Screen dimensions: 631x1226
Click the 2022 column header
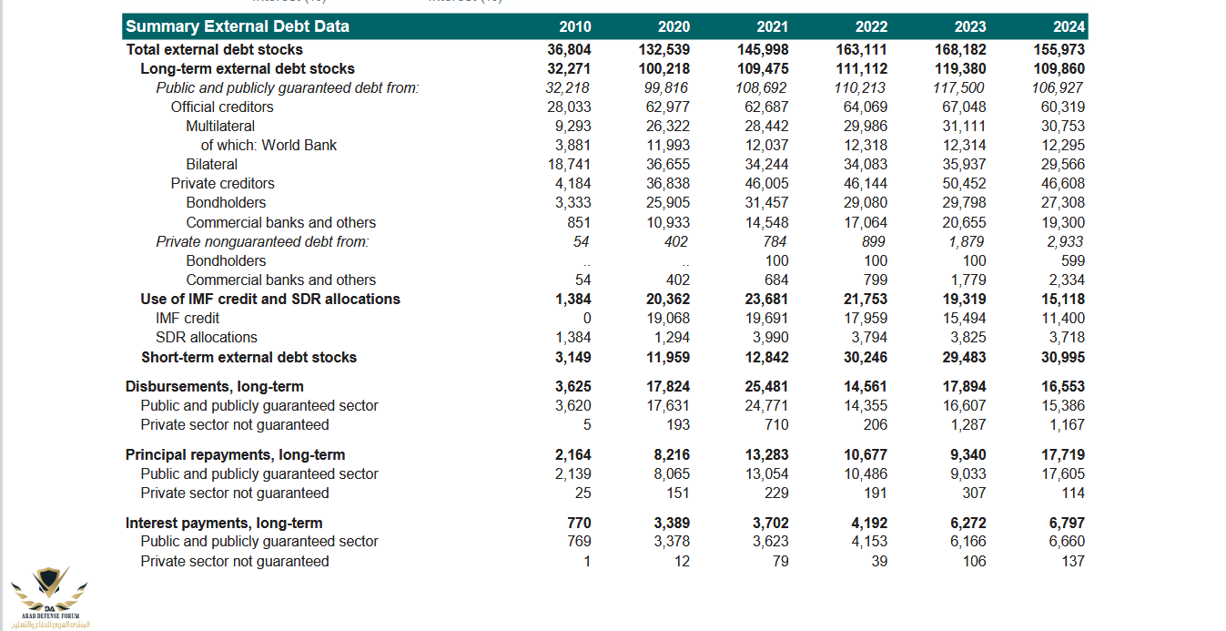pos(872,26)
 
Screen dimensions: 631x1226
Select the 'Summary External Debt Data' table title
pos(237,26)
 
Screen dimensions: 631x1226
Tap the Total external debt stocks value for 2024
pos(1059,49)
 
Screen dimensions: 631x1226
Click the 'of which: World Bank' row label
pos(269,145)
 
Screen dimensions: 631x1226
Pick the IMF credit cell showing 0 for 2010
pos(586,318)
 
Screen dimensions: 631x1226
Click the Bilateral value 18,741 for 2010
pos(569,164)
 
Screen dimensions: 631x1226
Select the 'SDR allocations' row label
pos(206,337)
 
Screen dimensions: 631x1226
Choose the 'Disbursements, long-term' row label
pos(215,386)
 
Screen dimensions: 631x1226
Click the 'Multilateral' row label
pos(220,126)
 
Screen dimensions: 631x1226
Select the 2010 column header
pos(574,26)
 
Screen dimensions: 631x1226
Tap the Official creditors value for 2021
pos(763,107)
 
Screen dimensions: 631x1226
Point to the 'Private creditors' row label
pos(222,183)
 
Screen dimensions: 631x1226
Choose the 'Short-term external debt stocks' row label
pos(248,357)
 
